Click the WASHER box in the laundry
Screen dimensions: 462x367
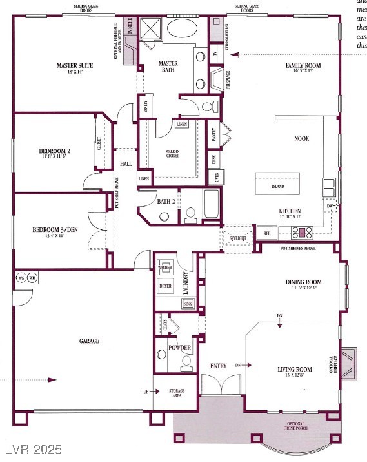pyautogui.click(x=164, y=267)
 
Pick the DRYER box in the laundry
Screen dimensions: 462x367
pyautogui.click(x=164, y=285)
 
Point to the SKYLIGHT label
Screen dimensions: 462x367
pyautogui.click(x=238, y=238)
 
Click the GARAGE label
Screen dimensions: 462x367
pyautogui.click(x=90, y=341)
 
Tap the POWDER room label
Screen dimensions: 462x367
pyautogui.click(x=179, y=348)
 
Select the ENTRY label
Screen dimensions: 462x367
pyautogui.click(x=219, y=366)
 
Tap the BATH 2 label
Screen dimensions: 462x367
pyautogui.click(x=166, y=202)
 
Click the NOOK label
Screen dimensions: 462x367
pyautogui.click(x=301, y=138)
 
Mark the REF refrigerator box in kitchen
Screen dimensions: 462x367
pyautogui.click(x=265, y=233)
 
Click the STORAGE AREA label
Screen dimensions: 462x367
pyautogui.click(x=176, y=393)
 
